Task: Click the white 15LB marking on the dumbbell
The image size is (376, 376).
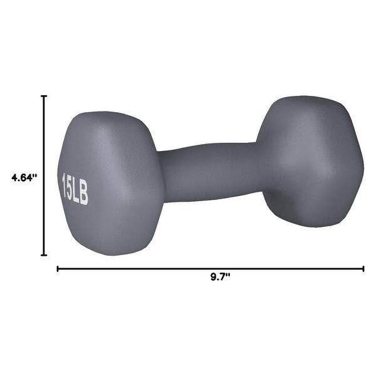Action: pos(75,187)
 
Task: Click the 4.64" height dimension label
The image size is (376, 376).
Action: pos(24,177)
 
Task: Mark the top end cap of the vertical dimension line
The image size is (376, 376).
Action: pos(44,96)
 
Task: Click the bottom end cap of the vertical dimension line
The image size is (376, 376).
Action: pos(44,255)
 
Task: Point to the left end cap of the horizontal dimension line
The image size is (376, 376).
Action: pos(58,269)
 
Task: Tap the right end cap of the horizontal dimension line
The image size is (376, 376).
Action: pos(363,269)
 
